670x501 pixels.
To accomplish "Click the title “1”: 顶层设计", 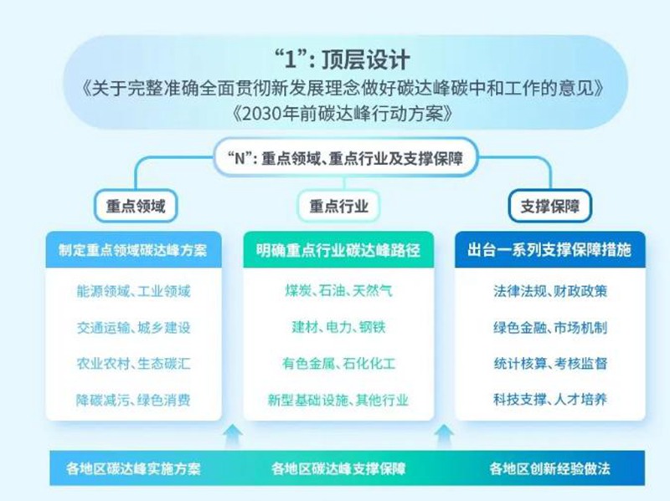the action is (343, 59).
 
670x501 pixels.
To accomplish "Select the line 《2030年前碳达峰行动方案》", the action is (343, 114).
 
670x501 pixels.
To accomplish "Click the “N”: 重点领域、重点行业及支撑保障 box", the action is (345, 158).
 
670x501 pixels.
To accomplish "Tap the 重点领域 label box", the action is (136, 206).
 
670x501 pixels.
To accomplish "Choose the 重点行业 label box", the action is (339, 206).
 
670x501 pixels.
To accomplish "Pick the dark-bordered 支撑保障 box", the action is (550, 207).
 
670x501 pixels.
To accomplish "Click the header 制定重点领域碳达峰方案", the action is (133, 250).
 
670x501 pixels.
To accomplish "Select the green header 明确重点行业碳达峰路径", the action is (338, 250).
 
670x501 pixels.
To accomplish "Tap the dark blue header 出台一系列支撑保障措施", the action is (550, 250).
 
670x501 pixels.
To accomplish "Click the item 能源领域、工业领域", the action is (133, 291).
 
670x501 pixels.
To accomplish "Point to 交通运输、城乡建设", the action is (133, 328).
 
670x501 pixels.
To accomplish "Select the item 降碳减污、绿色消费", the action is (133, 400).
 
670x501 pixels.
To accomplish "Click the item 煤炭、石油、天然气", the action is (338, 291).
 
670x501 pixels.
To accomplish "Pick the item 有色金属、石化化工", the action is (338, 364).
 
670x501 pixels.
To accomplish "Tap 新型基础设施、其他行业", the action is (338, 400).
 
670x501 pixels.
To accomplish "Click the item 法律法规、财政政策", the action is (550, 291).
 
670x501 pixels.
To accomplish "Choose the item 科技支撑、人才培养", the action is (550, 400).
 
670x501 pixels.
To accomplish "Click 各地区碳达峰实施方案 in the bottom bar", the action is (133, 468).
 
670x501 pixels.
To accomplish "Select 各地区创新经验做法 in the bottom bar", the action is (550, 468).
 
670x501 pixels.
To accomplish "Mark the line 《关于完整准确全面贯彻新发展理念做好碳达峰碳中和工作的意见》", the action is (343, 89).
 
